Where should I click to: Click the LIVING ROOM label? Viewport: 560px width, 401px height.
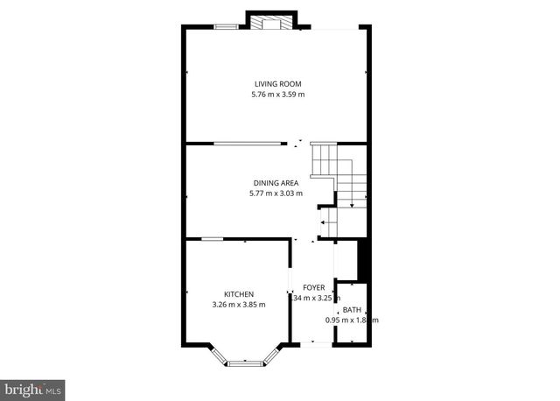point(276,84)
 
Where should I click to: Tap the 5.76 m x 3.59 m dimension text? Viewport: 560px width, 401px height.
point(276,95)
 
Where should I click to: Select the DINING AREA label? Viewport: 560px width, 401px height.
point(276,183)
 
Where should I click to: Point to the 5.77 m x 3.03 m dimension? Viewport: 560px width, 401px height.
point(276,193)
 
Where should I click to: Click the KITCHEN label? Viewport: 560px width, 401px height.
point(238,294)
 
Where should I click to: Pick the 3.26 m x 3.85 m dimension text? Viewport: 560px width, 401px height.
point(238,305)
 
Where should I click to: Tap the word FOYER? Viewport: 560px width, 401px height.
point(313,287)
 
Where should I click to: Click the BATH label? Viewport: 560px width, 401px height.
point(351,310)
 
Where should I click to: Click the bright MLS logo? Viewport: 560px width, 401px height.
point(32,386)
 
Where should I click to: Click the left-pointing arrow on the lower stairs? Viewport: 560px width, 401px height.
point(324,223)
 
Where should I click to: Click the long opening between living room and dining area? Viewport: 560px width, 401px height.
point(248,144)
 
